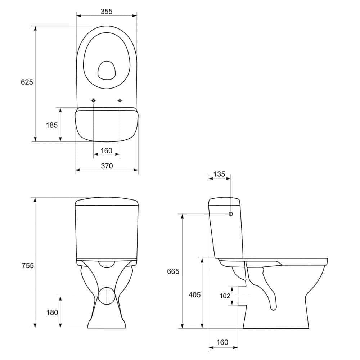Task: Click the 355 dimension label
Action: click(107, 11)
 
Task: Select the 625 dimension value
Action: click(27, 82)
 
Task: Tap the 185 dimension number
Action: click(51, 125)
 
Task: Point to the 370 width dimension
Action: click(107, 166)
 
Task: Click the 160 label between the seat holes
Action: click(107, 150)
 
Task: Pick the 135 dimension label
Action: click(219, 174)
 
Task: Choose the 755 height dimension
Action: click(28, 266)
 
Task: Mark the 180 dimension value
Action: click(52, 312)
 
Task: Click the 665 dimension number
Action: click(173, 271)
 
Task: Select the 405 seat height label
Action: click(195, 294)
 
